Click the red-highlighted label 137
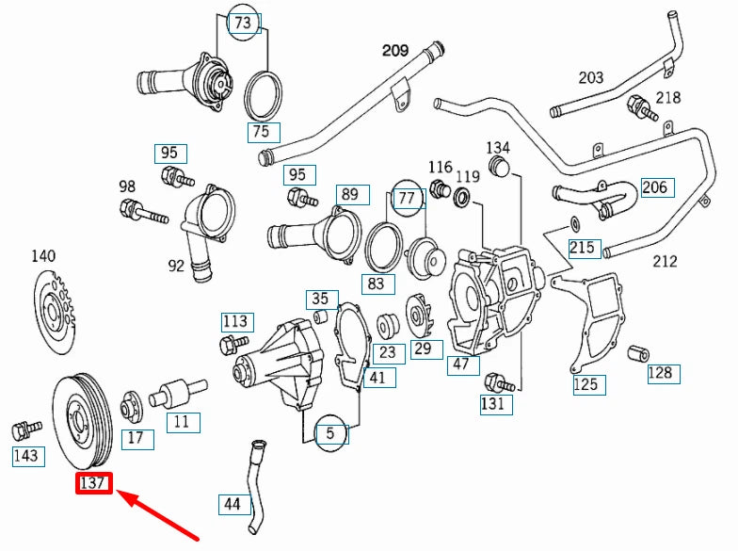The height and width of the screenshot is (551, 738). pyautogui.click(x=95, y=484)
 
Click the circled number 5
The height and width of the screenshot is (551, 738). pyautogui.click(x=330, y=434)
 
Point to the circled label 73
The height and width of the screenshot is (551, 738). pyautogui.click(x=243, y=24)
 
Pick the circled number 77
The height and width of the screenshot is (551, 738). pyautogui.click(x=407, y=199)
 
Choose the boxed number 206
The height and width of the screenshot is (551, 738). pyautogui.click(x=654, y=187)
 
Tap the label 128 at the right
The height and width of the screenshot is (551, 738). pyautogui.click(x=661, y=373)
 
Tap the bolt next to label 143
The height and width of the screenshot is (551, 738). pyautogui.click(x=24, y=429)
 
